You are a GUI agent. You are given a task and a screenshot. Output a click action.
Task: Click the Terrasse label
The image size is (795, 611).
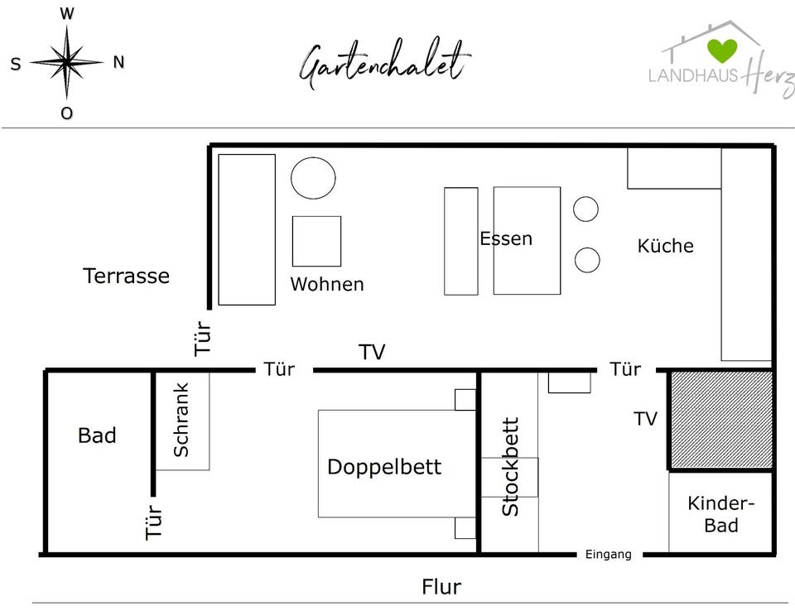coord(126,276)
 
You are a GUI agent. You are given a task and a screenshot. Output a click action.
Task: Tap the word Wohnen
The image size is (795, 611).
coord(327,284)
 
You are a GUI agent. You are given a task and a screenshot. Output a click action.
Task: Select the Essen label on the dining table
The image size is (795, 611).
coord(506,238)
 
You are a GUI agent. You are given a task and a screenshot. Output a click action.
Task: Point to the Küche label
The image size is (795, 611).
coord(665,246)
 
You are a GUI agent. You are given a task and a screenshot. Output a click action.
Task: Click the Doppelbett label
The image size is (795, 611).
coord(384,467)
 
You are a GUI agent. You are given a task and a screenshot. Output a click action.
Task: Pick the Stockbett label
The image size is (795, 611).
coord(511,467)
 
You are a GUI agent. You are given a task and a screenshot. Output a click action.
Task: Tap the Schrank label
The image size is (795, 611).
coord(181,420)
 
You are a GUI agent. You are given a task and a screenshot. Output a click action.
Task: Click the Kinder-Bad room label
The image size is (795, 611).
coord(721,514)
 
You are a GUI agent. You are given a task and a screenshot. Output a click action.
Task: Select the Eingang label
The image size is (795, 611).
coord(609,555)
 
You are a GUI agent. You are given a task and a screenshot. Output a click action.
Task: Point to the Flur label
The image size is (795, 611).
coord(441,587)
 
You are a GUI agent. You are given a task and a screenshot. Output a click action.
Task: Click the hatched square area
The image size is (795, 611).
coord(721,420)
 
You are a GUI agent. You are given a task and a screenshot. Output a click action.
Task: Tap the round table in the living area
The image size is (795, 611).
coord(313,177)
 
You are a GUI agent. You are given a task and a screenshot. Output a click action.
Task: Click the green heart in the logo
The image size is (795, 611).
coord(722,49)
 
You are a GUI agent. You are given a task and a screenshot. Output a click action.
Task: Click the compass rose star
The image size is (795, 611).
coord(67,61)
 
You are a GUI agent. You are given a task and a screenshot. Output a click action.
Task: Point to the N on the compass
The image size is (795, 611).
coord(118,62)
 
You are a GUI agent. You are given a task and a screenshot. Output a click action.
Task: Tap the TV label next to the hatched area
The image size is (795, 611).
coord(645,419)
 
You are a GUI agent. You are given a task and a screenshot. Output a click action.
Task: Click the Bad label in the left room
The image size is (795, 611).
coord(97,435)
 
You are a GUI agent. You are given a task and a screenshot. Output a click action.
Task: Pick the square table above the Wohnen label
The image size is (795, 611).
coord(316,241)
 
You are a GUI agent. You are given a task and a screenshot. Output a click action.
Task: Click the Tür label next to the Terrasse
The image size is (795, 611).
coord(204,338)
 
